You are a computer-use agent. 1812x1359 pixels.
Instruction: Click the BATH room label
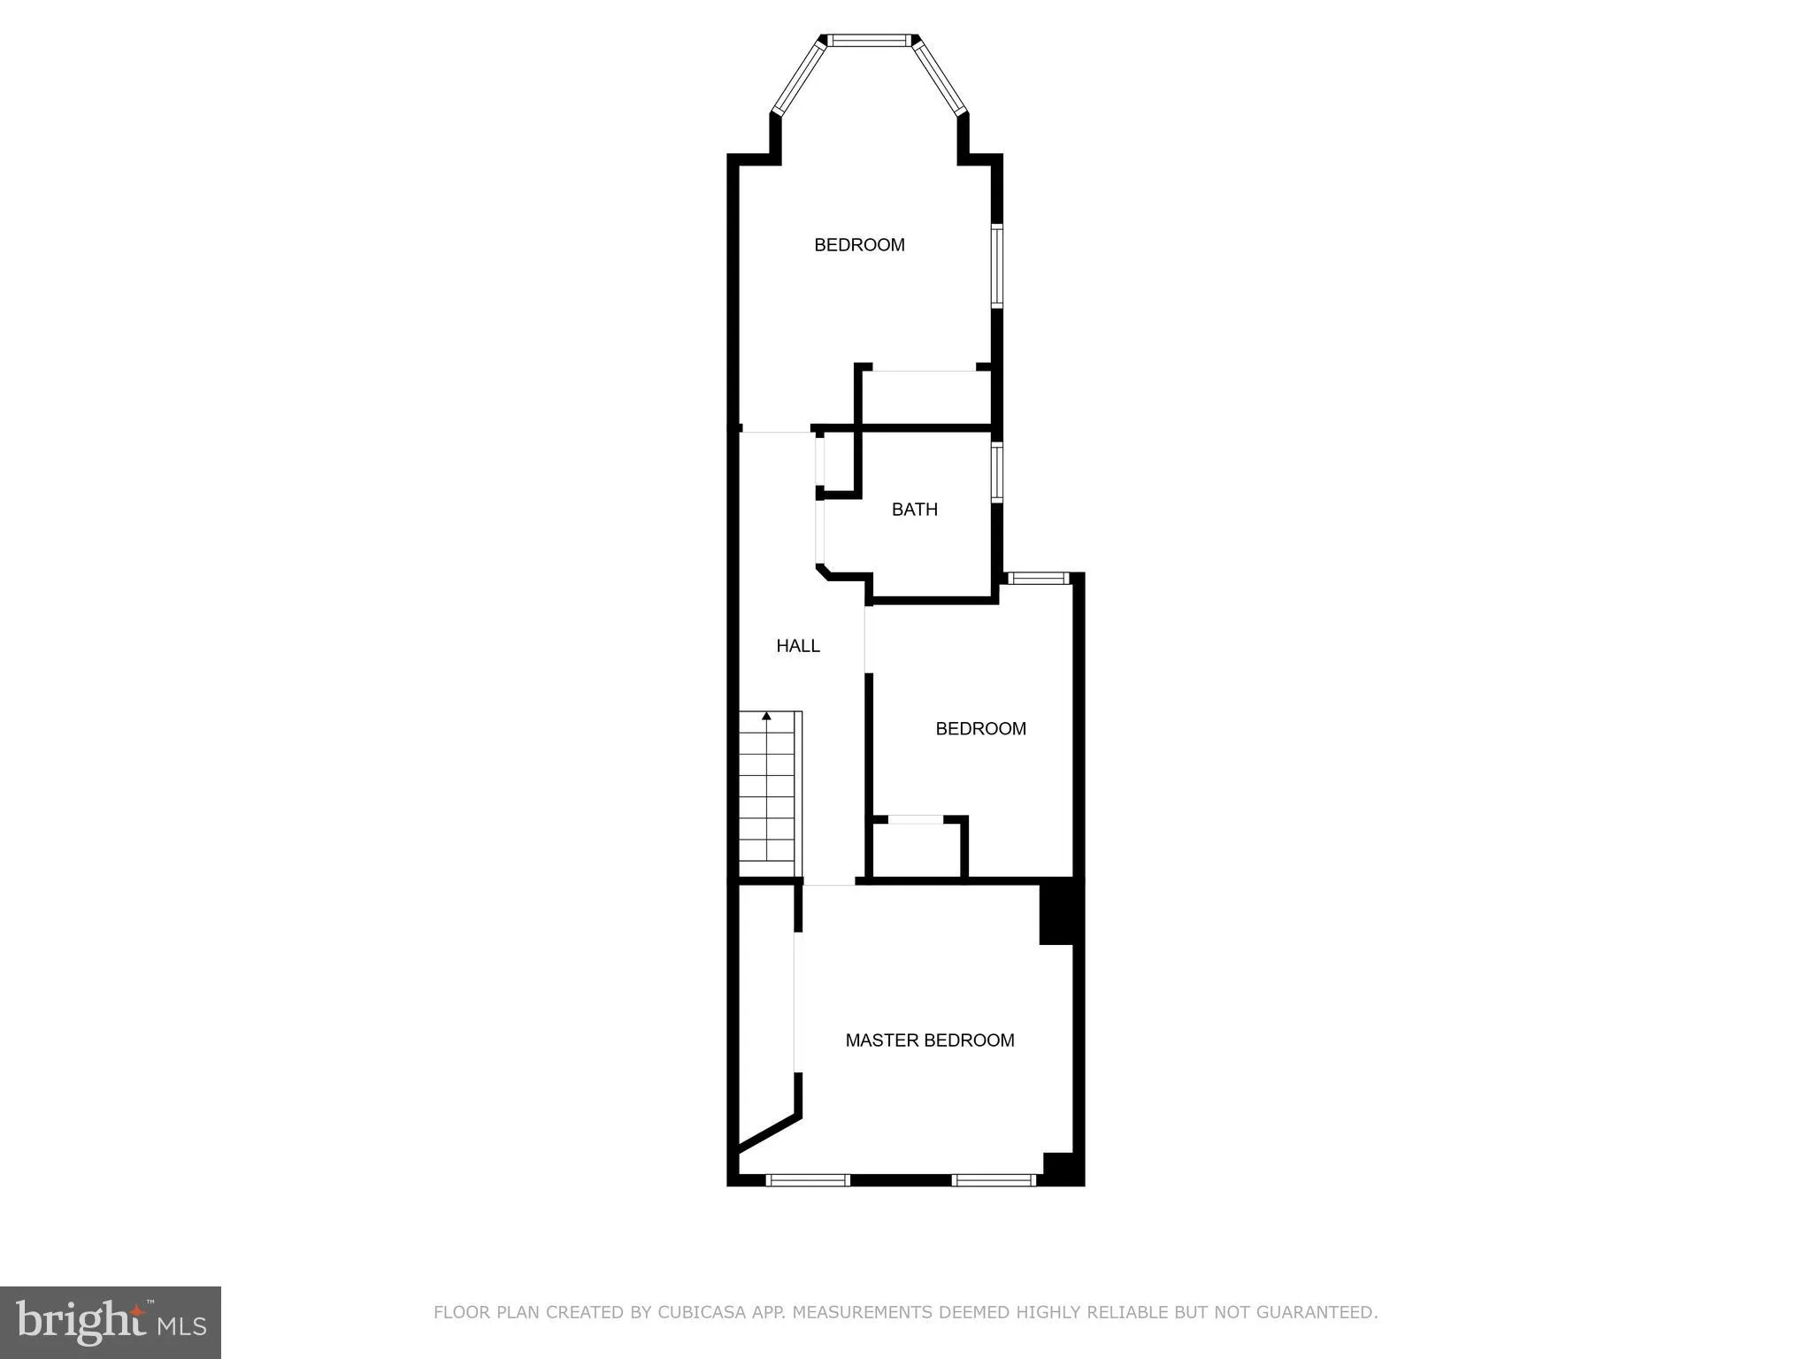(x=914, y=510)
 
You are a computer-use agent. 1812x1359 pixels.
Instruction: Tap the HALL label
(x=798, y=646)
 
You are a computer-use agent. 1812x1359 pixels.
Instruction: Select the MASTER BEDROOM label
(x=929, y=1040)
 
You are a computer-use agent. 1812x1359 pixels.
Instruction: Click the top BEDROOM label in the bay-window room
(x=859, y=245)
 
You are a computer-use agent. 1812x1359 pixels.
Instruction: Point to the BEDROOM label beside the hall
(x=980, y=729)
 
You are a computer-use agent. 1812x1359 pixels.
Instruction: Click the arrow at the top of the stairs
(x=766, y=716)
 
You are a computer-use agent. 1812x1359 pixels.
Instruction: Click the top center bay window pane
(x=870, y=40)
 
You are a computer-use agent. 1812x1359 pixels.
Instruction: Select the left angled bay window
(x=798, y=77)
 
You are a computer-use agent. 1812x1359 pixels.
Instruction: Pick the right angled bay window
(x=941, y=78)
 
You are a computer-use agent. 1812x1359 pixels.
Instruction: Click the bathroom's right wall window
(x=997, y=472)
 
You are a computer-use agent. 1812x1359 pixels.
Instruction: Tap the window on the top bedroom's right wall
(x=997, y=265)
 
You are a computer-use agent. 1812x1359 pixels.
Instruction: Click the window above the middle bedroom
(x=1039, y=579)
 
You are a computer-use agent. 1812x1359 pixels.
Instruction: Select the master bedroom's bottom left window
(x=807, y=1179)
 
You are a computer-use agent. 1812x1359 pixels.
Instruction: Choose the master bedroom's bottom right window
(x=994, y=1179)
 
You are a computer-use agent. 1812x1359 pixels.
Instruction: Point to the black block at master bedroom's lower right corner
(x=1061, y=1167)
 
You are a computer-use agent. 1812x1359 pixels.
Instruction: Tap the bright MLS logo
(x=111, y=1322)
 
